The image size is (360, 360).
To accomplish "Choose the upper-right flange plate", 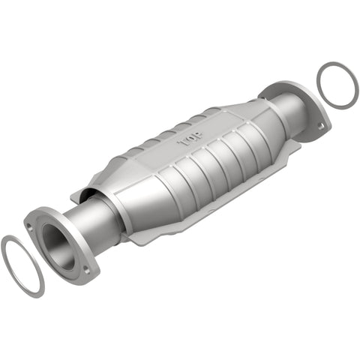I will [300, 97].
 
